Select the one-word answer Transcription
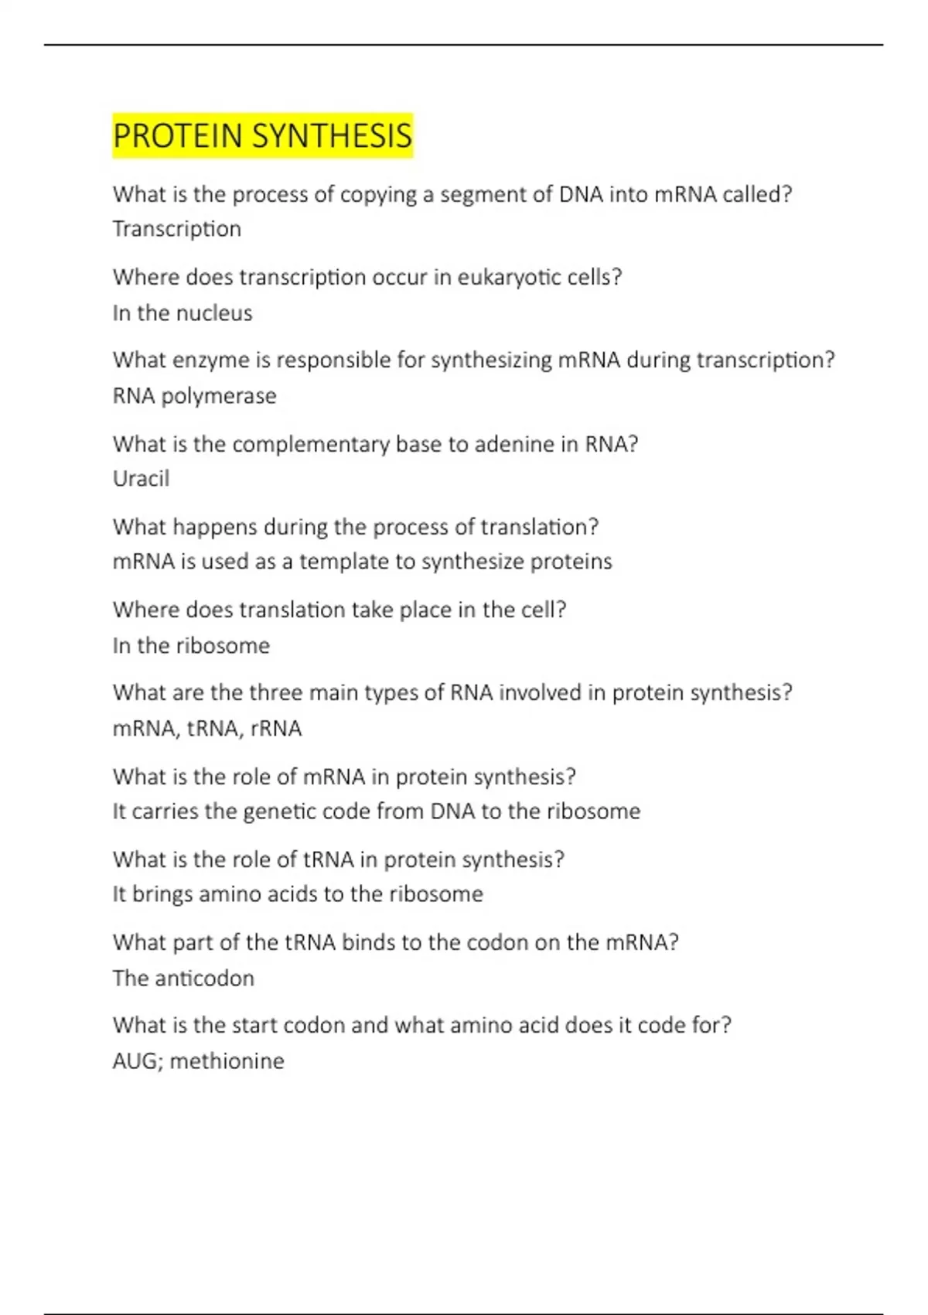click(177, 229)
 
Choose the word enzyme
click(221, 360)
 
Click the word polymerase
click(219, 396)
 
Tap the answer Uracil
click(141, 479)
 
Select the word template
click(344, 562)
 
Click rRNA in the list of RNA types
click(276, 729)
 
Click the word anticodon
click(204, 979)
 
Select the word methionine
click(227, 1061)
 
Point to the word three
click(276, 692)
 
